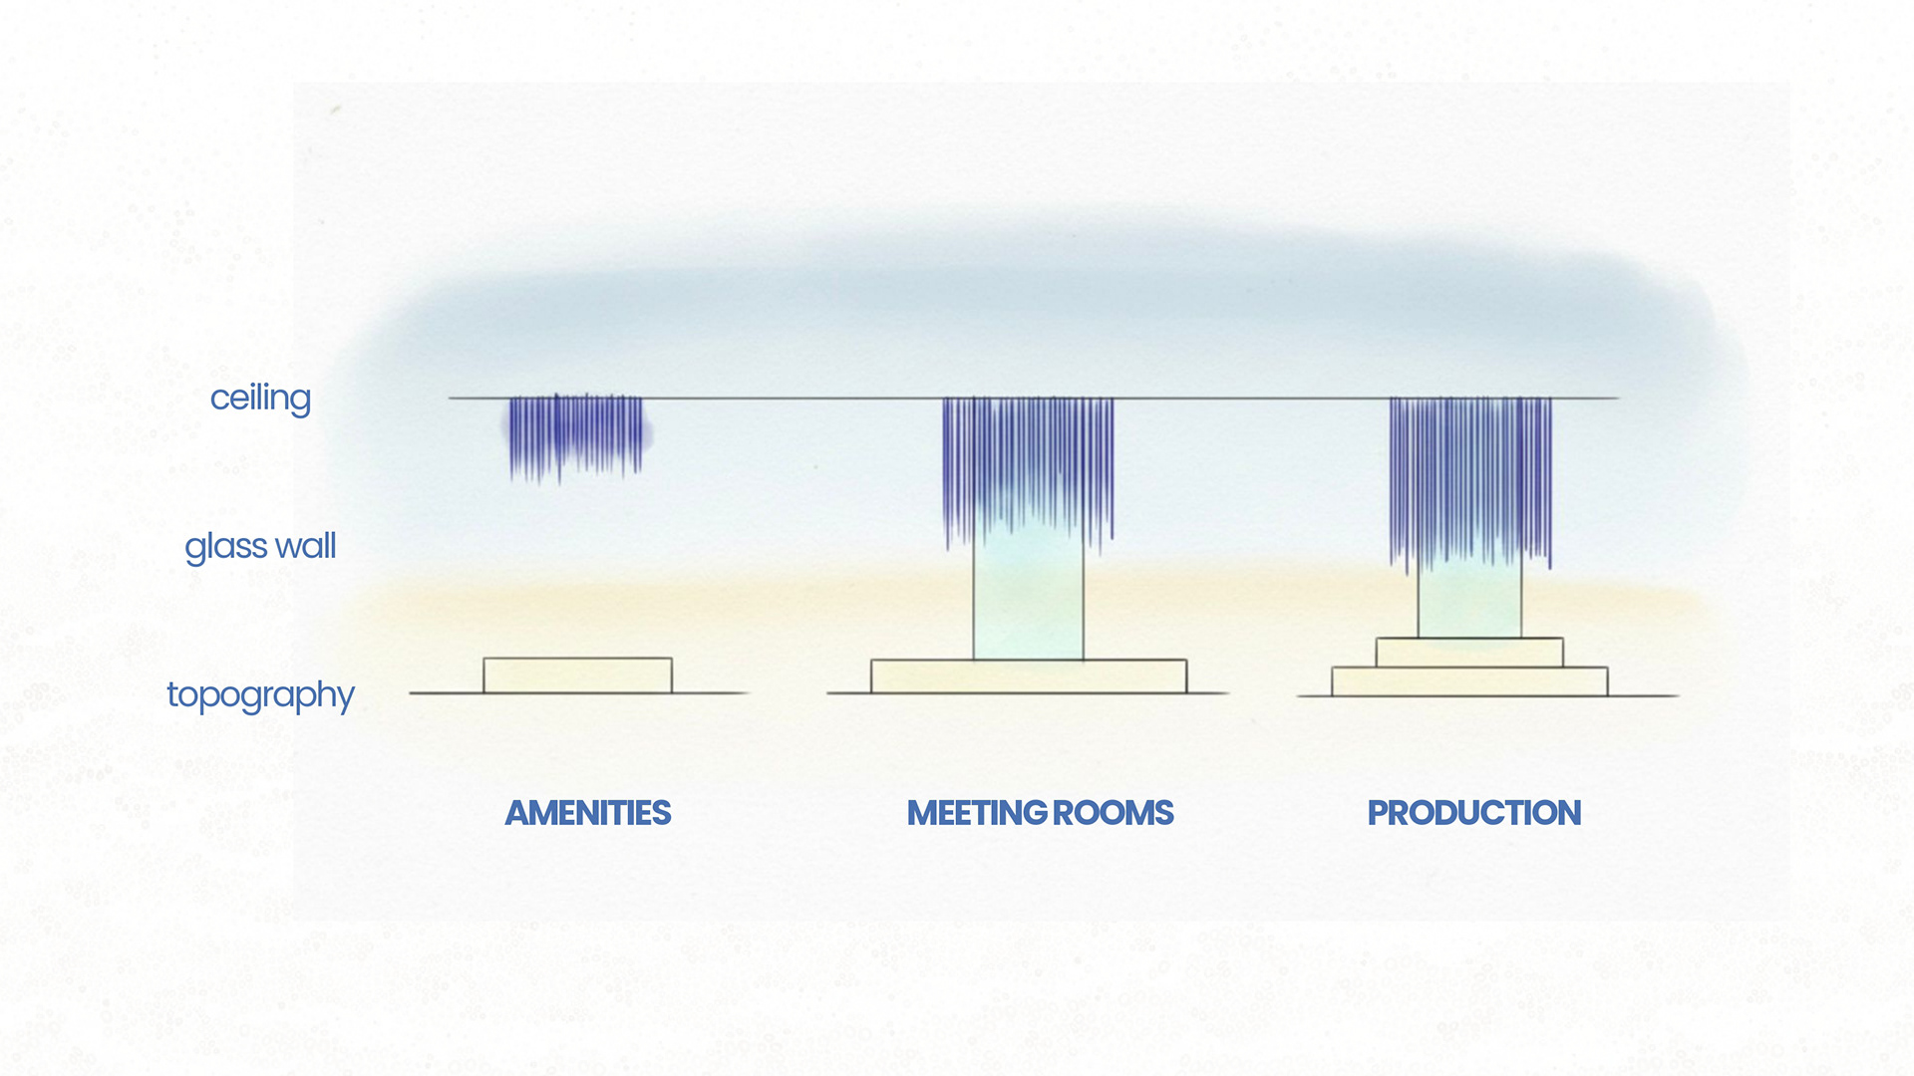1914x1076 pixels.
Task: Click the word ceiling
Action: pos(260,399)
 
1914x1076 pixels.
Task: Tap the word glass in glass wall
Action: pos(226,548)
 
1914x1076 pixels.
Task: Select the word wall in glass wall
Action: pos(306,545)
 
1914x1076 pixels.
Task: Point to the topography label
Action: pos(260,695)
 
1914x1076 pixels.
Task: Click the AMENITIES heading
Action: pos(588,813)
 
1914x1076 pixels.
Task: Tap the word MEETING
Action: pos(976,813)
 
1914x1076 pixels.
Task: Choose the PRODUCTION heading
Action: pos(1474,813)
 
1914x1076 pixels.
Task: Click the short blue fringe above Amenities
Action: pos(576,436)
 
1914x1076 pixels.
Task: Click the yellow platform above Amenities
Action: pos(577,675)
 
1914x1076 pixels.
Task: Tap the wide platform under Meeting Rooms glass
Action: pos(1029,676)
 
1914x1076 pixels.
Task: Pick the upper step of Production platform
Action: pos(1469,653)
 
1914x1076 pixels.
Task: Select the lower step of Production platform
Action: pos(1469,681)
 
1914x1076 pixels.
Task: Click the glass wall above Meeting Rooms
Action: pos(1028,598)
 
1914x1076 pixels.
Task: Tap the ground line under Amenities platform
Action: pos(578,693)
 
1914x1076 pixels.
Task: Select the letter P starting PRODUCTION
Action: pos(1378,813)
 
